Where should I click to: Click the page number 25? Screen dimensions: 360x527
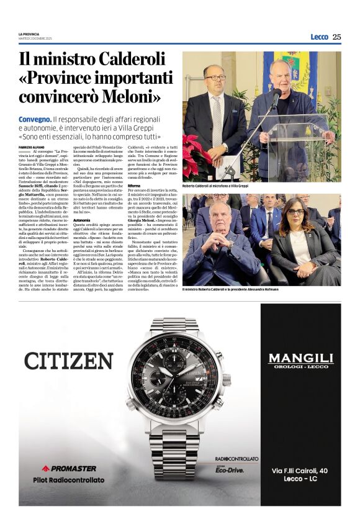click(336, 37)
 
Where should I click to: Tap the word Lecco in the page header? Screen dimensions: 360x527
click(319, 37)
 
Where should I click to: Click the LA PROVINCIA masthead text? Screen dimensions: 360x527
click(30, 34)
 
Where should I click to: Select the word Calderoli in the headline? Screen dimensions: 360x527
click(128, 60)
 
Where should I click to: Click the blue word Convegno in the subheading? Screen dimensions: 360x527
click(35, 118)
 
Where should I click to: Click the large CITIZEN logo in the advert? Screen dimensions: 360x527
click(68, 360)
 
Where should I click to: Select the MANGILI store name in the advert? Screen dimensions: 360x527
click(300, 358)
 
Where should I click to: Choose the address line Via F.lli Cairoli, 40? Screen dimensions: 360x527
click(300, 472)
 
